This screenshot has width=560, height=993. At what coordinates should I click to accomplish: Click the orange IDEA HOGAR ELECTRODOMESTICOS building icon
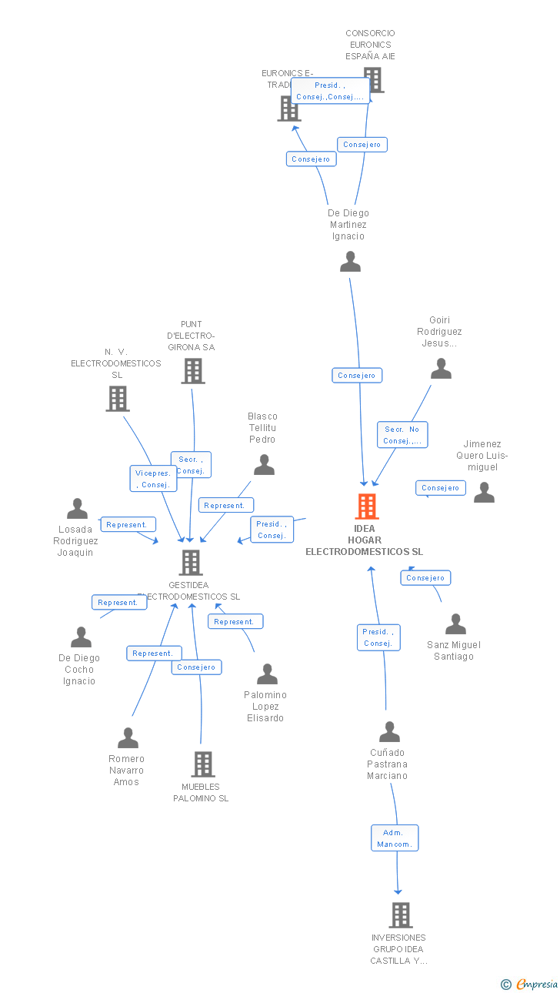(366, 507)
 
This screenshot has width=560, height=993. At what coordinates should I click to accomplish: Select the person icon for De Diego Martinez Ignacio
(350, 262)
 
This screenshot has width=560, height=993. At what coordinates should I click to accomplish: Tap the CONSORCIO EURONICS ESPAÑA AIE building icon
(373, 79)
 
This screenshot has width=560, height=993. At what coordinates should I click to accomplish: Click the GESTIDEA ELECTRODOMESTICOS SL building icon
(190, 563)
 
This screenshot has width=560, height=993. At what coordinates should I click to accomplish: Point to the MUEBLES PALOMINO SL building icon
(202, 764)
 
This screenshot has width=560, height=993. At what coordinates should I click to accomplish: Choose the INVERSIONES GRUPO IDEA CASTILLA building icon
(400, 915)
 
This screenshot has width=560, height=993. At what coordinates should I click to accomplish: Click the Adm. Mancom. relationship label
(395, 838)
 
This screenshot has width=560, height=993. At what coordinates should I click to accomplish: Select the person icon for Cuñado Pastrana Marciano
(389, 732)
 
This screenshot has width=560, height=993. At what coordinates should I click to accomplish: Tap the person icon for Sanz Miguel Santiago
(455, 624)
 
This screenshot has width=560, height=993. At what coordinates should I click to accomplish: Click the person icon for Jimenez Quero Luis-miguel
(484, 493)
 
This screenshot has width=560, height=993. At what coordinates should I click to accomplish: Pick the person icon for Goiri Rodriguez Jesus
(441, 369)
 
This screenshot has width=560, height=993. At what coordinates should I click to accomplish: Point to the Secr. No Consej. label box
(402, 435)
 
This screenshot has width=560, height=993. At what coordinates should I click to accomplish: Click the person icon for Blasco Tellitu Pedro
(264, 465)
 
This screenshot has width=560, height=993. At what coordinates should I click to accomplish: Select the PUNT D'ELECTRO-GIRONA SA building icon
(192, 371)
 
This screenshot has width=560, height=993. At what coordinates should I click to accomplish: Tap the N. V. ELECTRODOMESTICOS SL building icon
(117, 399)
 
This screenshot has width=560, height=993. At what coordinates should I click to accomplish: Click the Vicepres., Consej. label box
(153, 479)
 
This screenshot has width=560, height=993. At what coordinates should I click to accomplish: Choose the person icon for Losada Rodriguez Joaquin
(77, 509)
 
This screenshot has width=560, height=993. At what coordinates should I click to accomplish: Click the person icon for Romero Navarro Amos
(128, 738)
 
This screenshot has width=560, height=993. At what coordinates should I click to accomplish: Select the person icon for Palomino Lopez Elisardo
(267, 674)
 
